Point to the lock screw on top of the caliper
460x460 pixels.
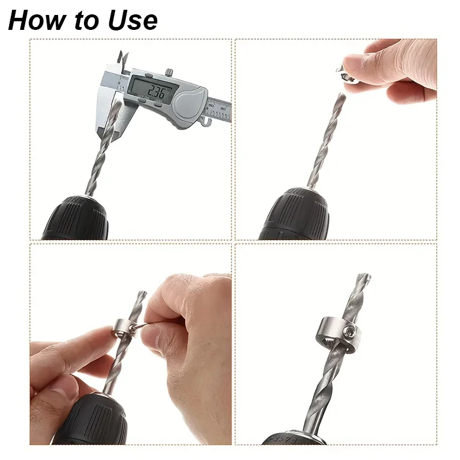tap(168, 72)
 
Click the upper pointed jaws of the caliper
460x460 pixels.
tap(123, 61)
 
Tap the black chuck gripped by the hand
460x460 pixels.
tap(95, 420)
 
